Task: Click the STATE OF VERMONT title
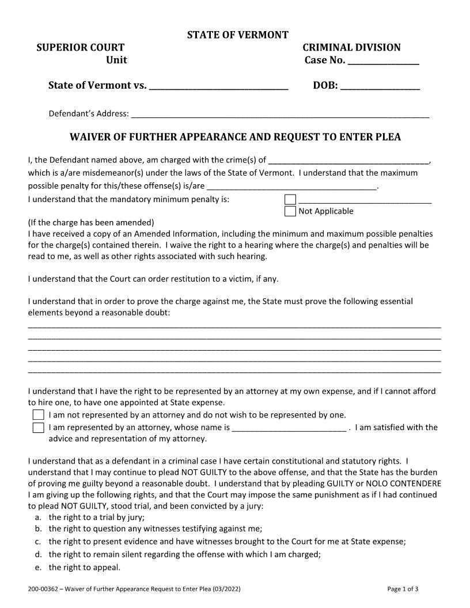coord(237,35)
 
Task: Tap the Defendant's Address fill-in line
coord(280,114)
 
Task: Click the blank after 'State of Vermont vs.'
coord(218,86)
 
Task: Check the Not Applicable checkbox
coord(290,211)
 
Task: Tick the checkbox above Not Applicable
coord(290,200)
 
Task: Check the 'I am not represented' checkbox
coord(39,415)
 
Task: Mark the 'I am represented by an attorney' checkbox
coord(39,428)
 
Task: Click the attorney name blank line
coord(289,428)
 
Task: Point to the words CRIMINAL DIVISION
coord(351,48)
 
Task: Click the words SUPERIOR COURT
coord(80,48)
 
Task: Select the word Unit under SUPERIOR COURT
coord(116,60)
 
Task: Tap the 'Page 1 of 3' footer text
coord(403,589)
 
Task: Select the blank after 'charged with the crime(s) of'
coord(348,161)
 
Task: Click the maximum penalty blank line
coord(291,187)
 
